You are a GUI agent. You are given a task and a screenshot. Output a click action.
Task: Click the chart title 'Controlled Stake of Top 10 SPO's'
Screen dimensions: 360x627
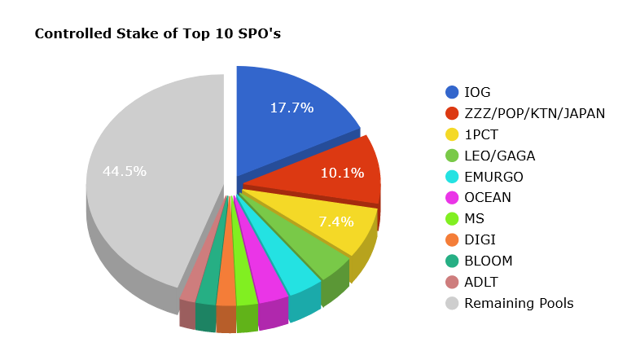click(x=157, y=34)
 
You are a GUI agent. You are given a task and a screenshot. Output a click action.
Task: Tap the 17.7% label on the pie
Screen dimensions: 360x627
click(x=292, y=108)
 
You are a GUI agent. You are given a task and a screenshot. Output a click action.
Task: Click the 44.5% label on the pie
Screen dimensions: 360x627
click(x=124, y=171)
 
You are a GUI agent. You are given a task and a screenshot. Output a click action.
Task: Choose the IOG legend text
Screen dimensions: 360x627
click(x=477, y=92)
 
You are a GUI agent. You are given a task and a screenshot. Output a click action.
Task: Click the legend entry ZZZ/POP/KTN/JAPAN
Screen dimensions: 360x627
click(x=534, y=113)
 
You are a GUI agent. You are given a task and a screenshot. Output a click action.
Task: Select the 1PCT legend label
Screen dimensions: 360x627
click(x=481, y=134)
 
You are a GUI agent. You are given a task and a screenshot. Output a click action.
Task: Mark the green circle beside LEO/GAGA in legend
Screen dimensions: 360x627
click(x=452, y=156)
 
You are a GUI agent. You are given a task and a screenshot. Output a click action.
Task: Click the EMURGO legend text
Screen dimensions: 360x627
click(x=493, y=177)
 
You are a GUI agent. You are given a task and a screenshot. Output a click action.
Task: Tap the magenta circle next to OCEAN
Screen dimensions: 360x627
click(x=452, y=198)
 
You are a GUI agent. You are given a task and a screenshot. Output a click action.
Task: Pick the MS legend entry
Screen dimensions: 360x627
click(x=474, y=219)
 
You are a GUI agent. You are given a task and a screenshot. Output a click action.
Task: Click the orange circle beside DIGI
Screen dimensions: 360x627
click(x=452, y=240)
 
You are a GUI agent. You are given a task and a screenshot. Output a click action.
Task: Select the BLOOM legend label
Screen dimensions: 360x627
click(x=489, y=261)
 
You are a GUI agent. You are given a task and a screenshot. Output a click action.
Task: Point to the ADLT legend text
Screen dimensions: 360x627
click(x=481, y=282)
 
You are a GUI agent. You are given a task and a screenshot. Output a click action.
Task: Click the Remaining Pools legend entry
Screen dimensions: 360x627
click(x=519, y=303)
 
